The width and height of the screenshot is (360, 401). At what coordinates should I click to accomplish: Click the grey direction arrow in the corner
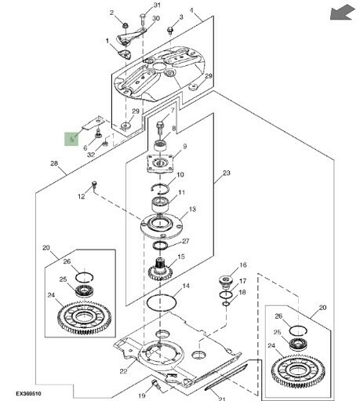tap(342, 13)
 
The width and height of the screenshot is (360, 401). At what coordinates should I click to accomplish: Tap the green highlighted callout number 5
tap(71, 139)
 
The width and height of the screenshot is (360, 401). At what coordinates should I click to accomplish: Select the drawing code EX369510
tap(28, 394)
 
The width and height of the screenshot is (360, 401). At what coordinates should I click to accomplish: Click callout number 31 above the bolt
tap(157, 5)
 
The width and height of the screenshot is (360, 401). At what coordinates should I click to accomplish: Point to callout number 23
tap(227, 173)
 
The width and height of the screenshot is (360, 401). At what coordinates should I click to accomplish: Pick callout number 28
tap(54, 163)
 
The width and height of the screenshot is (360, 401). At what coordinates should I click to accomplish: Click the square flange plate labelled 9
tap(160, 163)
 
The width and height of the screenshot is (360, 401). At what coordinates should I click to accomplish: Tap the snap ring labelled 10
tap(160, 188)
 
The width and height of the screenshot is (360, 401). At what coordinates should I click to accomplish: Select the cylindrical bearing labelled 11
tap(160, 205)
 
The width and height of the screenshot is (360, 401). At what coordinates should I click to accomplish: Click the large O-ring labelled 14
tap(162, 303)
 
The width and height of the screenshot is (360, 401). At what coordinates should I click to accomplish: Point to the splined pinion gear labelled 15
tap(160, 269)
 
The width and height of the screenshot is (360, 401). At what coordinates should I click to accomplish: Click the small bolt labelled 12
tap(94, 184)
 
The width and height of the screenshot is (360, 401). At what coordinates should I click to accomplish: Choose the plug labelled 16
tap(225, 282)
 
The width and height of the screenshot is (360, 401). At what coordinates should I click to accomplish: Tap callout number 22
tap(123, 371)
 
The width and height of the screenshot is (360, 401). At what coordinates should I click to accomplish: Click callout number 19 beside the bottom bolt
tap(142, 396)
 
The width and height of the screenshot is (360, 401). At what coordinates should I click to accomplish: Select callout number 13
tap(192, 210)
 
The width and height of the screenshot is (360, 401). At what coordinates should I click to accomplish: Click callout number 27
tap(185, 241)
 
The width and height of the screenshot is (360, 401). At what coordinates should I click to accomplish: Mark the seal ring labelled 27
tap(160, 246)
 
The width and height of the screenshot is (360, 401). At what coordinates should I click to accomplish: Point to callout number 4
tap(191, 10)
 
